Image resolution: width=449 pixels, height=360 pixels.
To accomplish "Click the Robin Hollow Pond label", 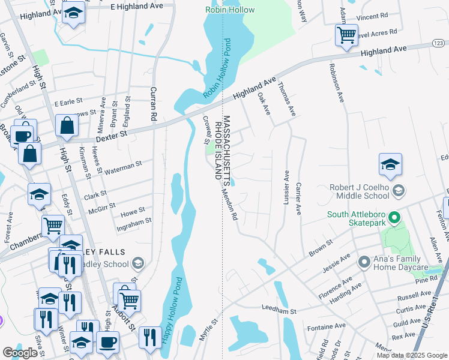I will point(217,68).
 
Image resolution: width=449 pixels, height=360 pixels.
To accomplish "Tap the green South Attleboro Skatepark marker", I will point(394,217).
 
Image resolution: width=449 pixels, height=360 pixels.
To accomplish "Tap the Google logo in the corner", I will point(20,352).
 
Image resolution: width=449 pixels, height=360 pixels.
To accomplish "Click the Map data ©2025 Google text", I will point(411,355).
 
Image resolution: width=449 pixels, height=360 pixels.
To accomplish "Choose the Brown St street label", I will point(321,248).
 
